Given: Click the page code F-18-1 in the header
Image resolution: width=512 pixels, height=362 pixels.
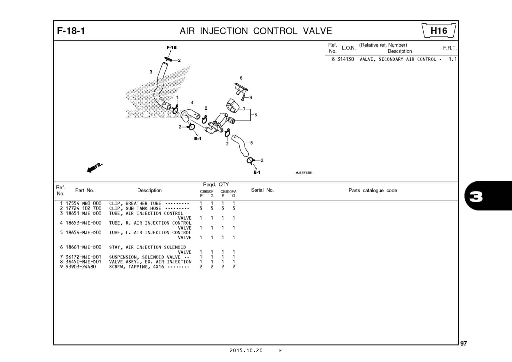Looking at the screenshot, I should pyautogui.click(x=71, y=31).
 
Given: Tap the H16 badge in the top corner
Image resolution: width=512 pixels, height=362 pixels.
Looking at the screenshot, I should pyautogui.click(x=439, y=31).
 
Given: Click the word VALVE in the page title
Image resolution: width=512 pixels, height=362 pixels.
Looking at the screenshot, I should pyautogui.click(x=317, y=31).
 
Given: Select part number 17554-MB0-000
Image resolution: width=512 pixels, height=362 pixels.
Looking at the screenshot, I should pyautogui.click(x=83, y=203).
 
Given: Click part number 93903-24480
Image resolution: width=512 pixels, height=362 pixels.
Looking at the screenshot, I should pyautogui.click(x=81, y=267).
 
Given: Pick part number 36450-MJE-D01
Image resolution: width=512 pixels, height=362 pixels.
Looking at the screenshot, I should pyautogui.click(x=83, y=262).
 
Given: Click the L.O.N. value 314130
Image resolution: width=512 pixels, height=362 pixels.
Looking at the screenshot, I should pyautogui.click(x=346, y=59).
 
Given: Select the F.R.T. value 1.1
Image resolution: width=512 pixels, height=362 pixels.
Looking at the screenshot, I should pyautogui.click(x=452, y=59).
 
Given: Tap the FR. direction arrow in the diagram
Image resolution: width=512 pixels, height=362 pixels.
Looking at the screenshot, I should pyautogui.click(x=95, y=167).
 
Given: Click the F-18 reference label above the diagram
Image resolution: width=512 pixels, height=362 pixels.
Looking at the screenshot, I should pyautogui.click(x=171, y=47).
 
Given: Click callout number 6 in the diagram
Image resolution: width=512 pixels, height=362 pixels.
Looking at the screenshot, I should pyautogui.click(x=241, y=78).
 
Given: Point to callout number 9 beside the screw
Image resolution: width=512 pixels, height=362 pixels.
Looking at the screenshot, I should pyautogui.click(x=251, y=97).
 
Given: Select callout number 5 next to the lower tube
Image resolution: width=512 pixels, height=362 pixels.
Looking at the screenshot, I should pyautogui.click(x=251, y=143).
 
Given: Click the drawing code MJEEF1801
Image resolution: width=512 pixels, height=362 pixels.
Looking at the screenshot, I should pyautogui.click(x=304, y=173).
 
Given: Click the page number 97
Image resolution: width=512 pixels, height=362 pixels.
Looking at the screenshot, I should pyautogui.click(x=463, y=344).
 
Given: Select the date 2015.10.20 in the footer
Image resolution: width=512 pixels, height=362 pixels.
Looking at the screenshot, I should pyautogui.click(x=246, y=350).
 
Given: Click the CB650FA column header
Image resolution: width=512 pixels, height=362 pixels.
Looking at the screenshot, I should pyautogui.click(x=228, y=192).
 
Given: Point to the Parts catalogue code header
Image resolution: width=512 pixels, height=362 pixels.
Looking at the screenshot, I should pyautogui.click(x=373, y=191).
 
